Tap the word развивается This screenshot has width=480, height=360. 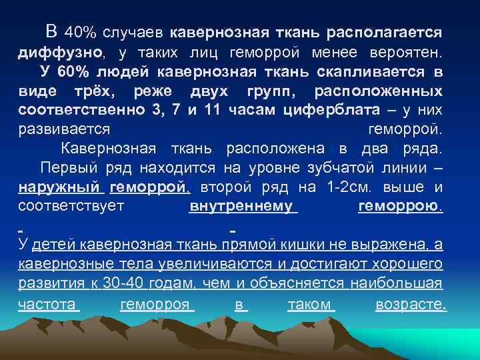click(x=64, y=129)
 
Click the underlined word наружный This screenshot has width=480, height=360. click(x=59, y=187)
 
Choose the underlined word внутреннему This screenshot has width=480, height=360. click(x=242, y=206)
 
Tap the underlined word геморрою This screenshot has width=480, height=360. click(x=400, y=206)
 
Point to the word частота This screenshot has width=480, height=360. click(x=48, y=303)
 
